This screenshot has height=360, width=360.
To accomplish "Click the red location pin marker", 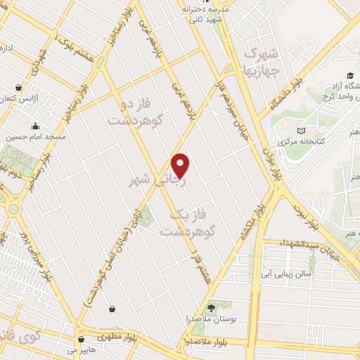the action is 181,165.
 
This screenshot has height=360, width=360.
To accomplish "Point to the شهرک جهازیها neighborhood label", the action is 261,62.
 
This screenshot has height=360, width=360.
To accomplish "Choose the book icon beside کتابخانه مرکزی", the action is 302,131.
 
